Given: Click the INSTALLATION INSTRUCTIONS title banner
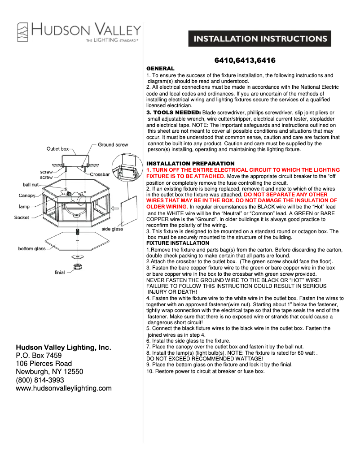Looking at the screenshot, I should tap(260, 39).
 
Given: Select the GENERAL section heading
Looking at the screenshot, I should tap(161, 68).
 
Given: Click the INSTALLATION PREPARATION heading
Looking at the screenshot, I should tap(191, 163).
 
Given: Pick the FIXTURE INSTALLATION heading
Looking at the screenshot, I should tap(178, 243).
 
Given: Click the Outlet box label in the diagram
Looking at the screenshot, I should tap(58, 148).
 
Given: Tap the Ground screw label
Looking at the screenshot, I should tap(113, 145).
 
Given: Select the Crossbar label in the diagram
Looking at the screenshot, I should tap(100, 174).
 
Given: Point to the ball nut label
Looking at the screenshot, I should tap(31, 185).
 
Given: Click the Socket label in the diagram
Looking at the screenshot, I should tap(22, 217).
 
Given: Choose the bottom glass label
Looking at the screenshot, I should tap(32, 248).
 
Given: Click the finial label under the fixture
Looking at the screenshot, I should tap(60, 272).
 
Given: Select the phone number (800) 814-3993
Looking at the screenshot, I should tap(40, 380).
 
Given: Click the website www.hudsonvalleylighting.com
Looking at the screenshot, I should tap(64, 388).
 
